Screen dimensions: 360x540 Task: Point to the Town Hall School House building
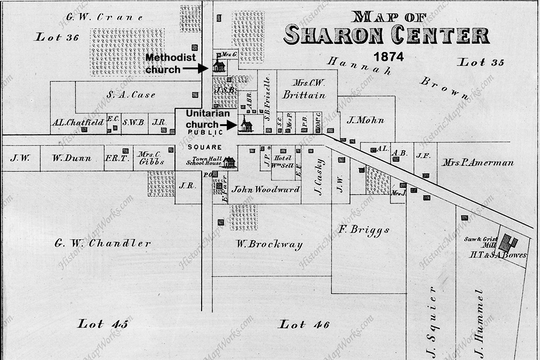[229, 162]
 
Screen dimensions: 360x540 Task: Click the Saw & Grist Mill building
[508, 243]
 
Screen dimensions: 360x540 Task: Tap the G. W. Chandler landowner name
[103, 243]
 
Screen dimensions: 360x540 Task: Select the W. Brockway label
[269, 245]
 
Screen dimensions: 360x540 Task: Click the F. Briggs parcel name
[364, 230]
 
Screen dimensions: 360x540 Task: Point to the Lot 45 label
[103, 324]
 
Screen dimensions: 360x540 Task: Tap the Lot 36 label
[57, 37]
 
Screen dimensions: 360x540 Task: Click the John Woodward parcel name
[265, 189]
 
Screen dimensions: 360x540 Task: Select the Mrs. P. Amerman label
[477, 162]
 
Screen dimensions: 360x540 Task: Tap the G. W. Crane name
[104, 18]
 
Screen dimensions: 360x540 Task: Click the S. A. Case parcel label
[131, 94]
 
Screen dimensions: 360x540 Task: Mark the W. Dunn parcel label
[71, 158]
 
